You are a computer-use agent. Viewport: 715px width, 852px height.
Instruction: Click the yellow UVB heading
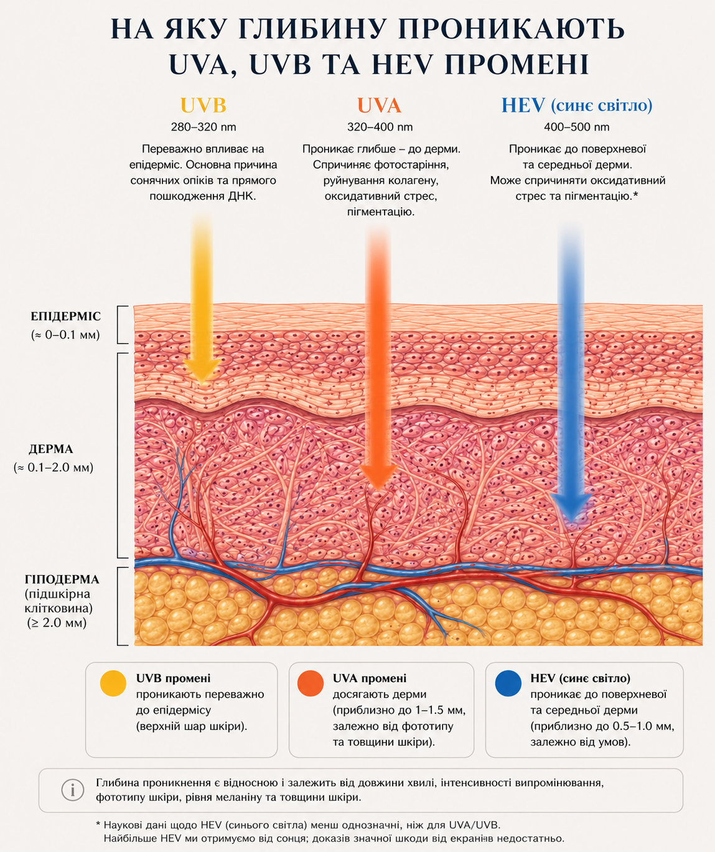tap(203, 106)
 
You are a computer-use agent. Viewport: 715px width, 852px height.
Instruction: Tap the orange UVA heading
tap(379, 106)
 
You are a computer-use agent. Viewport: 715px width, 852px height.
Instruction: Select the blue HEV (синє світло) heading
tap(577, 106)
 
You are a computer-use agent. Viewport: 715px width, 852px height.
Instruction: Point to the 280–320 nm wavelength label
tap(203, 128)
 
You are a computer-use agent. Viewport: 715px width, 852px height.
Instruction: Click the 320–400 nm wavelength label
tap(380, 128)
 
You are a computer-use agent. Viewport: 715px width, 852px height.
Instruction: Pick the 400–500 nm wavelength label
tap(577, 128)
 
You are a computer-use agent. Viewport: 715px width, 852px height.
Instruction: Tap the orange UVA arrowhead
tap(378, 477)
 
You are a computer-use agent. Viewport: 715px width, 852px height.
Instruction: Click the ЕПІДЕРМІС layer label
tap(66, 317)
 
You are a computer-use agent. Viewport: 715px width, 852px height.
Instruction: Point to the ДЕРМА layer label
tap(51, 449)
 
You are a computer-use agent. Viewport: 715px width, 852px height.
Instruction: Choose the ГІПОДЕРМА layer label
tap(62, 580)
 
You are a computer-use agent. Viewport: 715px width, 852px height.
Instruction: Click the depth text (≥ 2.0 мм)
tap(57, 623)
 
